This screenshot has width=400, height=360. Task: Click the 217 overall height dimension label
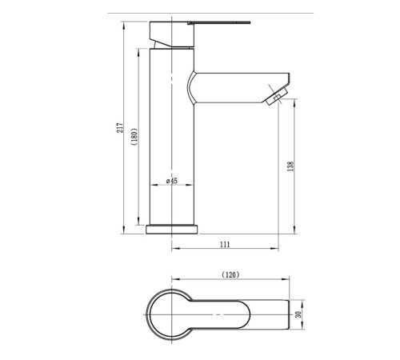coord(120,128)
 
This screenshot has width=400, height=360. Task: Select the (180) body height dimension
coord(134,137)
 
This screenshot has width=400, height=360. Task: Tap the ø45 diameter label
coord(172,181)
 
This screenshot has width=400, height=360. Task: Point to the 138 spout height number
coord(291,166)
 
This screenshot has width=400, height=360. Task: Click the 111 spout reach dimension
coord(225,244)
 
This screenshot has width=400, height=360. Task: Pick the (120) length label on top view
coord(230,274)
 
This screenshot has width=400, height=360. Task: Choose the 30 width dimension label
coord(298,314)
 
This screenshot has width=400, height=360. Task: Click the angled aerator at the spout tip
coord(277,97)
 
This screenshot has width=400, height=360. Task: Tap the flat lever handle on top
coord(218,22)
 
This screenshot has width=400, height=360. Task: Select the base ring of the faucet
coord(172,230)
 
